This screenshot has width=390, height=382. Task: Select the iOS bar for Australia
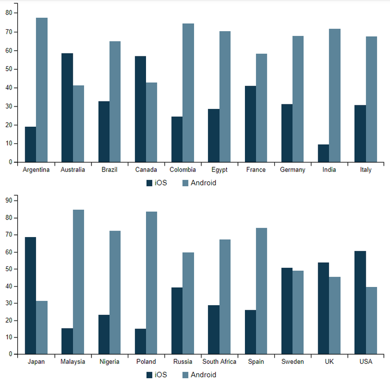pos(67,108)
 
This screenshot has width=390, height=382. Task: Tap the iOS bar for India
pos(323,153)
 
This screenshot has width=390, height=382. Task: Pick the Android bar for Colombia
pos(188,93)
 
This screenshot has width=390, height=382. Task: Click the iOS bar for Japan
pos(30,295)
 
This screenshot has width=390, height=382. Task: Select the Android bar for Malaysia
pos(78,282)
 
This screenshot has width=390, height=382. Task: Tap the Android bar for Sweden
pos(298,312)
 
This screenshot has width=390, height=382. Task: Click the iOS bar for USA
pos(360,302)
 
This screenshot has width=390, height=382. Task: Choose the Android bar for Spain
pos(261,291)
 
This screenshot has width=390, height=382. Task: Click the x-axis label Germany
pos(292,170)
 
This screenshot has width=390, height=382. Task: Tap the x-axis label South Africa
pos(219,362)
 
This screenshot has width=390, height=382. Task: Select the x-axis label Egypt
pos(219,170)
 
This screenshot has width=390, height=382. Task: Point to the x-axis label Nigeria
pos(110,362)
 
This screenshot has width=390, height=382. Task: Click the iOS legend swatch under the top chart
pos(149,183)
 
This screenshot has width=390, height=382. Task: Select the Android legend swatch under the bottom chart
pos(185,375)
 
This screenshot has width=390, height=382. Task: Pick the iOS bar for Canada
pos(140,109)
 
